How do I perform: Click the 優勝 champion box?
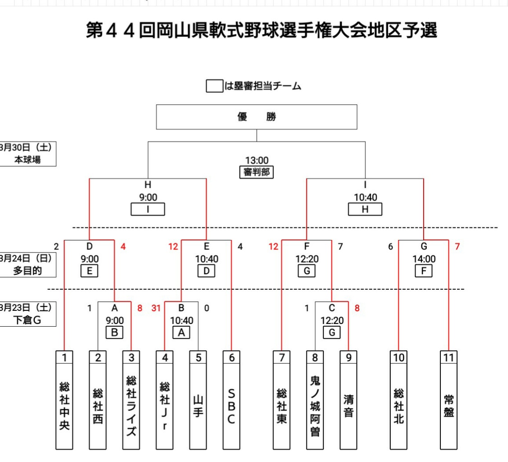(256, 117)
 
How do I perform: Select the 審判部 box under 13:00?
(256, 172)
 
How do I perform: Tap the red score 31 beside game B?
(156, 309)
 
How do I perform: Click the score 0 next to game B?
(207, 309)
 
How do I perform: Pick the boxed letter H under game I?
(365, 209)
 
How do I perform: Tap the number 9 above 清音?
(348, 358)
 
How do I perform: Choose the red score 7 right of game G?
(457, 247)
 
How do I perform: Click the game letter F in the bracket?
(307, 247)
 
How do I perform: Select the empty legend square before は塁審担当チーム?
(214, 86)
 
